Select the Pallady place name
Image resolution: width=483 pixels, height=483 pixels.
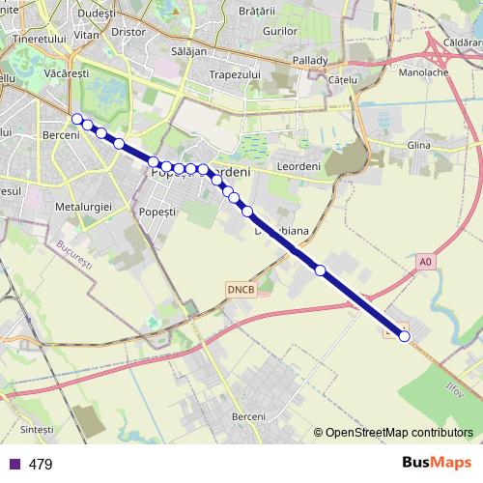pos(310,60)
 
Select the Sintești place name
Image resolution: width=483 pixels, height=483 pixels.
pos(37,428)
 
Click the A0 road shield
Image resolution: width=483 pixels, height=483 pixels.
pos(426,261)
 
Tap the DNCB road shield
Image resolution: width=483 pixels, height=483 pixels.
pos(240,289)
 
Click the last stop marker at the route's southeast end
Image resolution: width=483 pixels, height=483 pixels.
pos(404,336)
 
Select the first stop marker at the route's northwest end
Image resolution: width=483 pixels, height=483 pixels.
pos(76,119)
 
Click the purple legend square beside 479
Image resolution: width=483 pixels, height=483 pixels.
pos(14,464)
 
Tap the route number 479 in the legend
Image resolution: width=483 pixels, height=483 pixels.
pos(41,465)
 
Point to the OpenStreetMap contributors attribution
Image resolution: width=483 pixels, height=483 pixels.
pos(398,432)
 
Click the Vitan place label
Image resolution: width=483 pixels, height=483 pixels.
pos(86,33)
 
